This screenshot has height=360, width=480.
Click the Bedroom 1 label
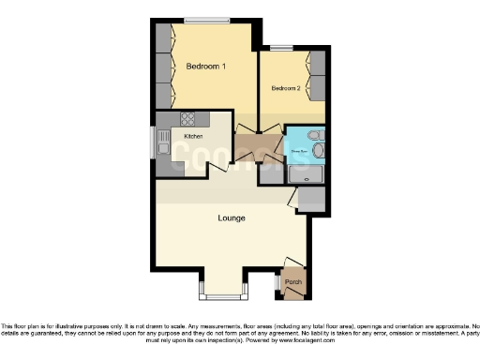(x=206, y=67)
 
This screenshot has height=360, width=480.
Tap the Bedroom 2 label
(x=286, y=89)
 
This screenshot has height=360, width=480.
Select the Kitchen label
(x=194, y=137)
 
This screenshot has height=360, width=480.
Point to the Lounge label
(x=232, y=218)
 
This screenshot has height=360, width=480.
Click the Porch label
(x=292, y=279)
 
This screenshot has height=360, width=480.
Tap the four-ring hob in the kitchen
(x=187, y=119)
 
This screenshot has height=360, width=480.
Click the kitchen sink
(x=165, y=147)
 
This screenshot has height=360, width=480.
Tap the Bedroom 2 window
(x=280, y=47)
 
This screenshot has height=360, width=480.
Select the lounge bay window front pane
(x=223, y=297)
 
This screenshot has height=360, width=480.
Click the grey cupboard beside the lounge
(x=312, y=198)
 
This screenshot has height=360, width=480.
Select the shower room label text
(x=298, y=147)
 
